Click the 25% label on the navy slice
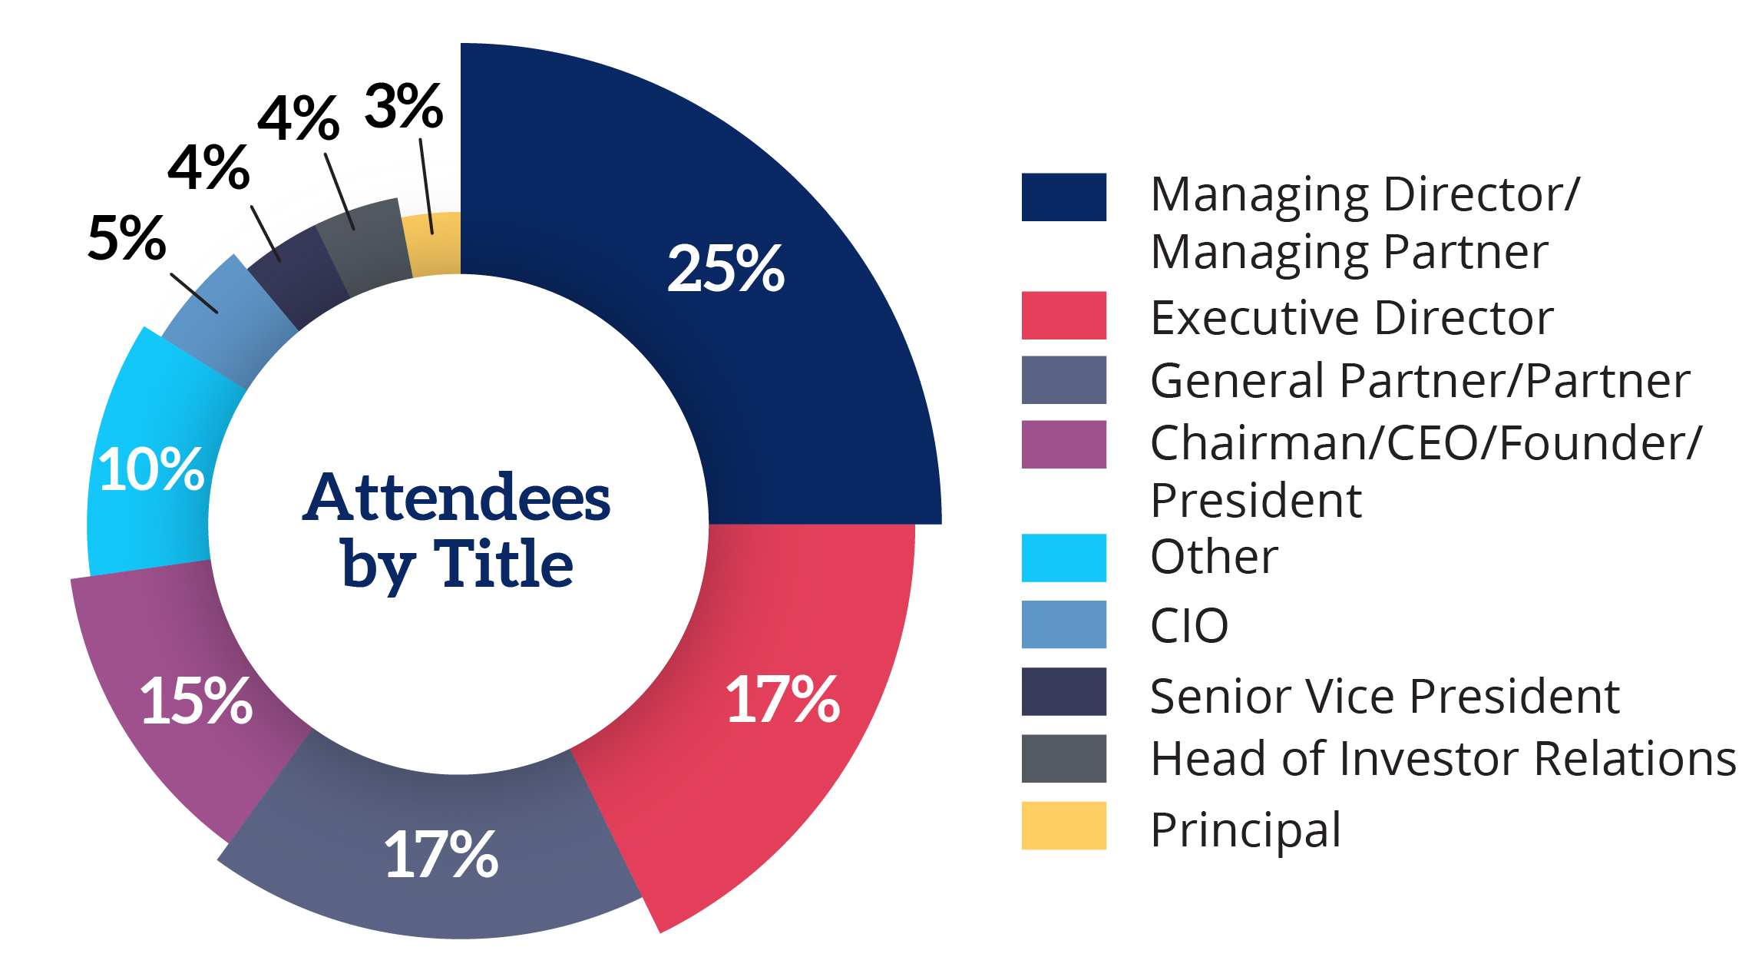[x=726, y=269]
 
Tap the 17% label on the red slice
[x=782, y=700]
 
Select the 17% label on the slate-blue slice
[x=441, y=854]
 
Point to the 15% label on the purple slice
[x=196, y=700]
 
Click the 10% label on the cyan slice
[x=151, y=469]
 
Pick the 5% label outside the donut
[x=127, y=238]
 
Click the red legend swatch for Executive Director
[x=1063, y=315]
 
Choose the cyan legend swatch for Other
[x=1063, y=558]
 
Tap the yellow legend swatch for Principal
[x=1063, y=826]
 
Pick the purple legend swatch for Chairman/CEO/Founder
[x=1063, y=444]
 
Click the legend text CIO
[x=1189, y=626]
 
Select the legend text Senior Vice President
[x=1384, y=697]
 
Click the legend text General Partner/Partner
[x=1420, y=380]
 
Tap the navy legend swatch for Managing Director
[x=1063, y=197]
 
